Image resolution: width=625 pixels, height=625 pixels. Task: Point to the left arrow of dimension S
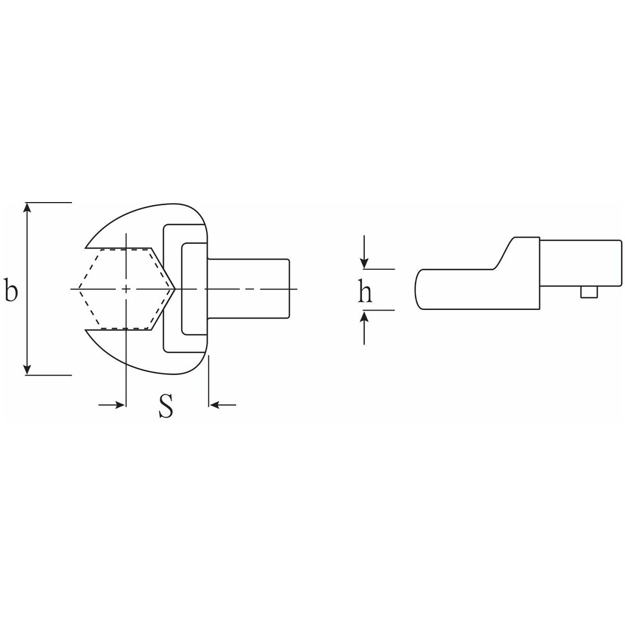pyautogui.click(x=117, y=404)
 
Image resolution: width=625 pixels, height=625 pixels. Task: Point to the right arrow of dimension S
pyautogui.click(x=216, y=404)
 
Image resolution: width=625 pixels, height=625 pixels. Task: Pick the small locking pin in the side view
pyautogui.click(x=589, y=293)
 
